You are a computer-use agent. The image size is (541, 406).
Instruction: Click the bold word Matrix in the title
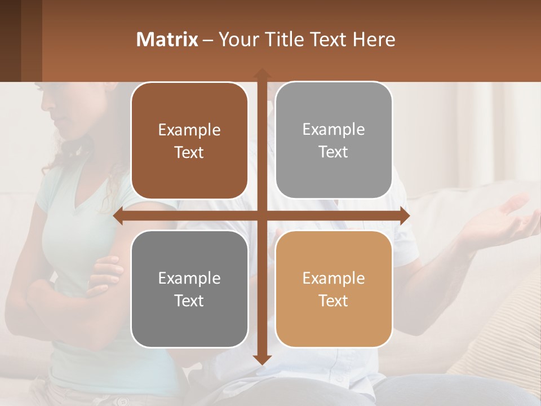pos(167,39)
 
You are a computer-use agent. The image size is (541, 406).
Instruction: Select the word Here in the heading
pos(374,39)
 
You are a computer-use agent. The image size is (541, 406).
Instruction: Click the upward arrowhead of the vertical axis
pos(262,74)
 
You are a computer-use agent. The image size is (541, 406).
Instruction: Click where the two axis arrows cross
pos(262,216)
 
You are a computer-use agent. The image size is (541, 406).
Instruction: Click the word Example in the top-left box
pos(189,130)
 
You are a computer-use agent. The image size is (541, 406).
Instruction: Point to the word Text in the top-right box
pos(334,152)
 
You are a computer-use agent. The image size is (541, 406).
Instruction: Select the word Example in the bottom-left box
pos(189,278)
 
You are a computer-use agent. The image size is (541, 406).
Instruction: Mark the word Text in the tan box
pos(334,301)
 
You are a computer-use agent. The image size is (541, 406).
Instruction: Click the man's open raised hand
pos(502,217)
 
